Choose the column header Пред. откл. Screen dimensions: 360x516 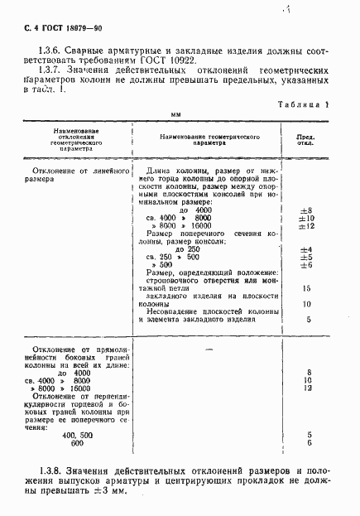(x=307, y=137)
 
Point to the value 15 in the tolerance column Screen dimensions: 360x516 (x=307, y=288)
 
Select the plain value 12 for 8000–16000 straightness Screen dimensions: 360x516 (x=307, y=388)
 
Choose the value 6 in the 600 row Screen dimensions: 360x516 (x=308, y=443)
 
